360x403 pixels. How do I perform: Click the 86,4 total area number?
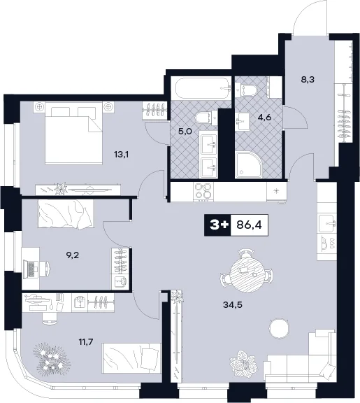tap(249, 225)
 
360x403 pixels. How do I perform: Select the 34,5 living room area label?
tap(233, 305)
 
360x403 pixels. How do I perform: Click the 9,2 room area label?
tap(73, 255)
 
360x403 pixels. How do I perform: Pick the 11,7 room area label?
tap(86, 342)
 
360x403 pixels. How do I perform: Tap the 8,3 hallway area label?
tap(308, 80)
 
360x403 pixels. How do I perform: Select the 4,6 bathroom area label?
tap(265, 118)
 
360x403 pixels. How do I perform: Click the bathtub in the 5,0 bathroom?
tap(202, 88)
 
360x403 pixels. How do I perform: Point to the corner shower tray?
tap(249, 164)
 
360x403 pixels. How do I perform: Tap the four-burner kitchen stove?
tap(204, 192)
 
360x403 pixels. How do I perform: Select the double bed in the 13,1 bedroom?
tap(73, 133)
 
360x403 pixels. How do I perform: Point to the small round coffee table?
tap(279, 329)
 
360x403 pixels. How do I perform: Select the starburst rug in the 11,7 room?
tap(51, 357)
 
